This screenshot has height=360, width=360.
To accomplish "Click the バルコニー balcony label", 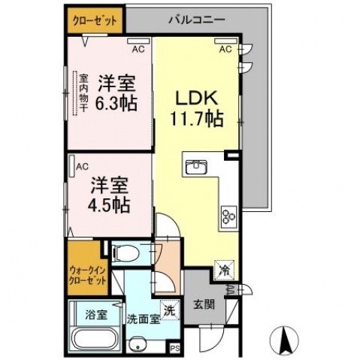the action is pyautogui.click(x=196, y=20).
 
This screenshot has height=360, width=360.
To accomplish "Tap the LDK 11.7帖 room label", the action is pyautogui.click(x=197, y=108).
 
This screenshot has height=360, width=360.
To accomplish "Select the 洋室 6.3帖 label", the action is pyautogui.click(x=117, y=93).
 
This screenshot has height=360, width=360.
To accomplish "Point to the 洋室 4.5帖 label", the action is pyautogui.click(x=110, y=195).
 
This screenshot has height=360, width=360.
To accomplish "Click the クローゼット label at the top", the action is pyautogui.click(x=95, y=21).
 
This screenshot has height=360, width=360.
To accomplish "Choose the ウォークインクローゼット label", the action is pyautogui.click(x=88, y=275).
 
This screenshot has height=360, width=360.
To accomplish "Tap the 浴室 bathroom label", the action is pyautogui.click(x=96, y=315).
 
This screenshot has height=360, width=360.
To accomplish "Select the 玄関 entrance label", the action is pyautogui.click(x=204, y=304).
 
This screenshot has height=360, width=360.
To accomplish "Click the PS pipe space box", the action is pyautogui.click(x=175, y=349).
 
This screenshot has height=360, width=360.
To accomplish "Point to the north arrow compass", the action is pyautogui.click(x=284, y=340).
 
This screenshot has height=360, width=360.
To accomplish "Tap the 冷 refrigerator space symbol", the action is pyautogui.click(x=225, y=270).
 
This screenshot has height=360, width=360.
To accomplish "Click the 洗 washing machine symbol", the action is pyautogui.click(x=170, y=310).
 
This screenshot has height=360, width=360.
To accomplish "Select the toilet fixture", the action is pyautogui.click(x=126, y=253).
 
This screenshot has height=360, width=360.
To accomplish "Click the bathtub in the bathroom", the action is pyautogui.click(x=95, y=340).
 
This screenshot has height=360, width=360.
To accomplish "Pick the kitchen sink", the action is pyautogui.click(x=196, y=167).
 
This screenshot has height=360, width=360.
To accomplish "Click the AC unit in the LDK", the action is pyautogui.click(x=225, y=41).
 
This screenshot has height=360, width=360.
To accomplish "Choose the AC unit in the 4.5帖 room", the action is pyautogui.click(x=71, y=167).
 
